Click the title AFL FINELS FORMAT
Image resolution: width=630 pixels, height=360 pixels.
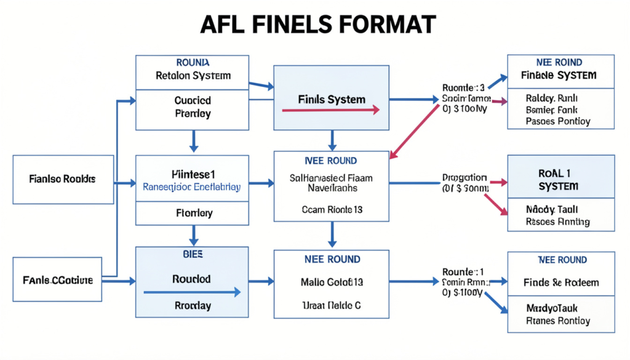tap(314, 24)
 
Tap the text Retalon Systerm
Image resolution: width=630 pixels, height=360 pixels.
tap(193, 76)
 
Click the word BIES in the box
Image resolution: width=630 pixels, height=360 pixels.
tap(193, 254)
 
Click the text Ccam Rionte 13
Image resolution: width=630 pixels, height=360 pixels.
tap(331, 209)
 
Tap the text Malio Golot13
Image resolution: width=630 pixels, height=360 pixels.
tap(331, 282)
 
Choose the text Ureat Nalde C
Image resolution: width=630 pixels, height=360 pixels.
tap(331, 305)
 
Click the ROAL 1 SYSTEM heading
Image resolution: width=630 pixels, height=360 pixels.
tap(560, 179)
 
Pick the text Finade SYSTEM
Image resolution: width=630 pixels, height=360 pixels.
tap(560, 75)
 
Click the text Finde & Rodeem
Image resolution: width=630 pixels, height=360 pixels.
tap(560, 282)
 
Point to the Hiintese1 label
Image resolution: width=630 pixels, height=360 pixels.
tap(193, 174)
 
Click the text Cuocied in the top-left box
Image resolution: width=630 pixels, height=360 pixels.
tap(193, 100)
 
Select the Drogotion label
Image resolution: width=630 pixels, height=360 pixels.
tap(465, 177)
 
